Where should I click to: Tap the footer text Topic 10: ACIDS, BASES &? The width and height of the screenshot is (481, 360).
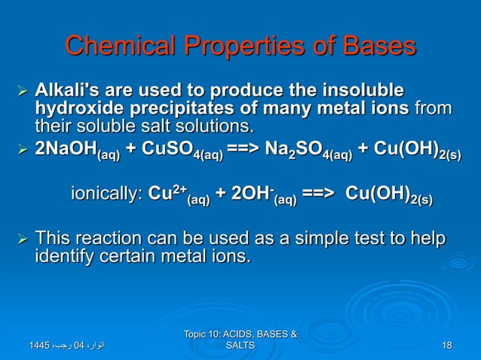pyautogui.click(x=240, y=334)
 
